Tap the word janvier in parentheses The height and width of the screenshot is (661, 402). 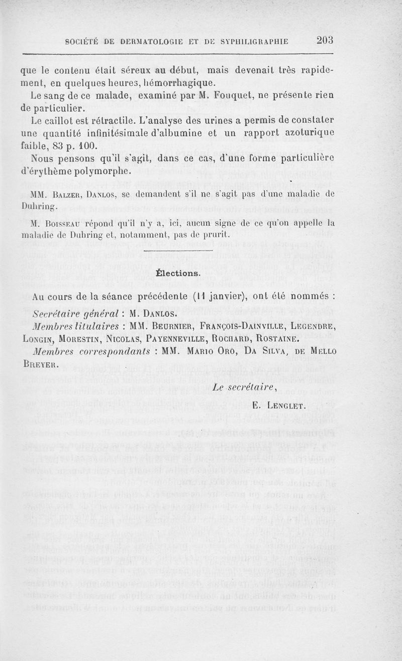point(227,297)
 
